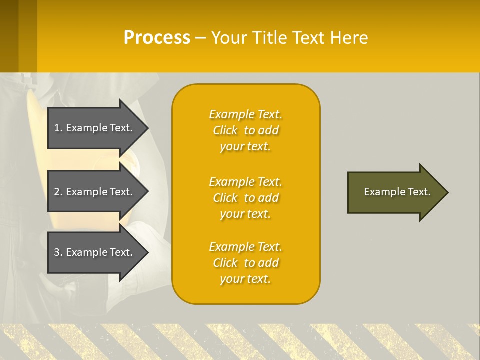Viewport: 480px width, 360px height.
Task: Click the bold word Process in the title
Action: tap(157, 38)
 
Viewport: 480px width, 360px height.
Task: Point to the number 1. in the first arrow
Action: tap(58, 128)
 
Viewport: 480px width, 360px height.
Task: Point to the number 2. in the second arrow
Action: tap(58, 192)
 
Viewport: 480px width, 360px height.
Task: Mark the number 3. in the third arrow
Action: tap(58, 252)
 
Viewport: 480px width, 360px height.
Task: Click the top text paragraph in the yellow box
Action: tap(245, 130)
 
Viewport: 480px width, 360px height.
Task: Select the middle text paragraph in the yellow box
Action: tap(245, 198)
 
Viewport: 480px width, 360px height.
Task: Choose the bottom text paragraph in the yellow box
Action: tap(245, 263)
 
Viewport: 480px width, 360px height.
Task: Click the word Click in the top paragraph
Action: tap(225, 130)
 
